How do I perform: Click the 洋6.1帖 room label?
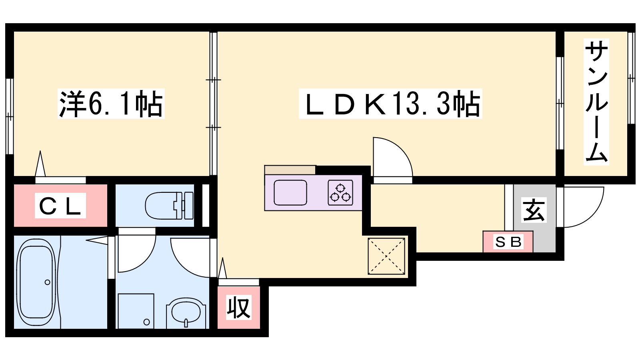[111, 104]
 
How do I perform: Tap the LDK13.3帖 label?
[390, 104]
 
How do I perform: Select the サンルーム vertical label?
[596, 102]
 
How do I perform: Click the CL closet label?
[60, 206]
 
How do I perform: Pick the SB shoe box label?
[508, 242]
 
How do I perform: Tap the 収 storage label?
[239, 308]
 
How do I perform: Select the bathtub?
[36, 282]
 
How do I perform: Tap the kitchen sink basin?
[290, 192]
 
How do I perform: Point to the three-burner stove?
[340, 193]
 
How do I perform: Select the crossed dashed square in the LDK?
[386, 256]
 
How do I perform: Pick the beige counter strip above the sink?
[290, 170]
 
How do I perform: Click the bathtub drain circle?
[48, 282]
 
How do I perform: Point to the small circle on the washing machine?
[146, 322]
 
